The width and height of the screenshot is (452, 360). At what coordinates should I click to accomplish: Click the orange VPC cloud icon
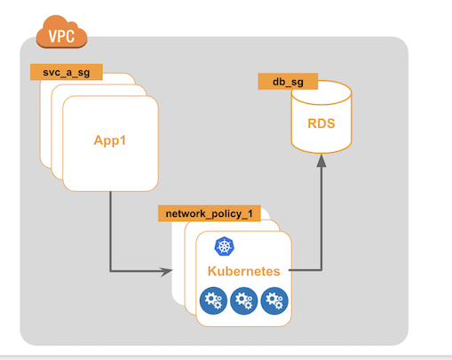[x=61, y=32]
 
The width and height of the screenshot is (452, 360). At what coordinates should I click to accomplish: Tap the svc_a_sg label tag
[x=67, y=72]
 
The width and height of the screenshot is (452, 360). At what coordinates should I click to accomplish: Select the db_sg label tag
[x=288, y=82]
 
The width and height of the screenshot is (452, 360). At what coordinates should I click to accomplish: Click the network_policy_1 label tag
[x=210, y=213]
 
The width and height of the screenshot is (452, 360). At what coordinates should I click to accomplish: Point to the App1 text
[x=110, y=140]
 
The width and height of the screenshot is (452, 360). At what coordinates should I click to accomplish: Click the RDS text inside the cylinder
[x=321, y=124]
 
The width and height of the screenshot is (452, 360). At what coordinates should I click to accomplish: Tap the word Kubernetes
[x=243, y=271]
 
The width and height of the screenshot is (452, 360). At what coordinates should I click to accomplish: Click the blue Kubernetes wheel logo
[x=224, y=246]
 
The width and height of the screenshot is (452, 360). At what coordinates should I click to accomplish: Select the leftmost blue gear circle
[x=213, y=300]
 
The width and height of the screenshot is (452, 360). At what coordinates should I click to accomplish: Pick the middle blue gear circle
[x=244, y=300]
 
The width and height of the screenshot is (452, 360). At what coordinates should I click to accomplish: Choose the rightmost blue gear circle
[x=274, y=300]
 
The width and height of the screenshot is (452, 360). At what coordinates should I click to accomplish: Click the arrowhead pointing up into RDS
[x=321, y=160]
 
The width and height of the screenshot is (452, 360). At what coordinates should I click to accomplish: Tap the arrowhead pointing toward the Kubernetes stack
[x=166, y=271]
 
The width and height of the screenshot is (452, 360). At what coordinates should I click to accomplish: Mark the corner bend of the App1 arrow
[x=110, y=271]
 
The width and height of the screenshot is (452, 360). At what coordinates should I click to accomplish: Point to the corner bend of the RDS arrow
[x=321, y=270]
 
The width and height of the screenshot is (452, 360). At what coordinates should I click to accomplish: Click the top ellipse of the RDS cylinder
[x=321, y=92]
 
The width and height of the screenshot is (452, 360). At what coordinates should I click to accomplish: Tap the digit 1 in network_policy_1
[x=250, y=213]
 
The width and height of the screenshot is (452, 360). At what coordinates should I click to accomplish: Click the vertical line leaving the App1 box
[x=110, y=231]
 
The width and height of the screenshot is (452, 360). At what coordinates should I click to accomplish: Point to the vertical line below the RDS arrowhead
[x=321, y=219]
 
